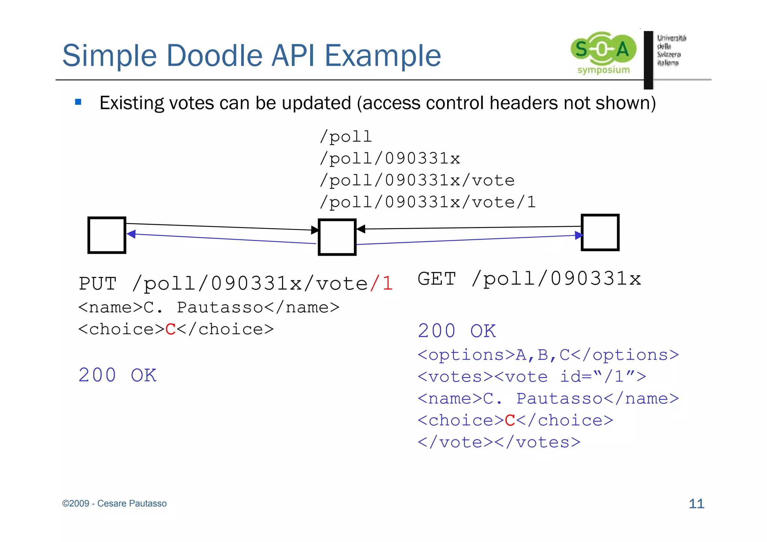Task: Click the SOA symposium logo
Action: click(x=603, y=52)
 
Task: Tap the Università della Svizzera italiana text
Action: click(x=671, y=50)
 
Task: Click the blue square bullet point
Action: click(x=78, y=102)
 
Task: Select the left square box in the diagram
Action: click(x=107, y=235)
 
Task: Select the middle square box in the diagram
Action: click(x=337, y=237)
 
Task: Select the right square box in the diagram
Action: click(x=600, y=232)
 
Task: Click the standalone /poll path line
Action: click(x=346, y=137)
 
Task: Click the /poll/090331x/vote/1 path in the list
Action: click(x=427, y=202)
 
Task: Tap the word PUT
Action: click(x=98, y=283)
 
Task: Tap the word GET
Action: click(x=437, y=279)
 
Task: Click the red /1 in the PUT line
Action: click(x=382, y=283)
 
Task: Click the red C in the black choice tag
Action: click(x=170, y=329)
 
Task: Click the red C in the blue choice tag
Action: click(x=510, y=420)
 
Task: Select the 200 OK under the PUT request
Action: click(x=117, y=375)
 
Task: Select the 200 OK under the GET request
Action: click(x=457, y=331)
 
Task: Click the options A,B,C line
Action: click(x=548, y=355)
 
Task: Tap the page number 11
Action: click(x=696, y=503)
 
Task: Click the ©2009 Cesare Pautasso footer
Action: click(x=114, y=503)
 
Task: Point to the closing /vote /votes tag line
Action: click(x=499, y=442)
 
